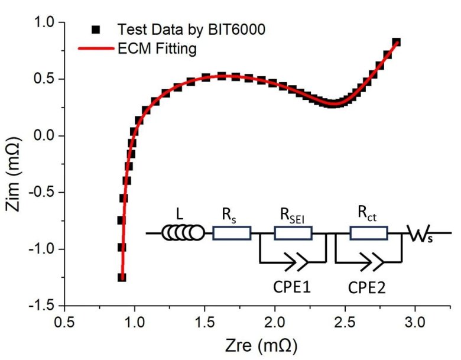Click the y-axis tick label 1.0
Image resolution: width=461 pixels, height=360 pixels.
[44, 23]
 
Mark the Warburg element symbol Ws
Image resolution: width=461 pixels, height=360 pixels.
[423, 235]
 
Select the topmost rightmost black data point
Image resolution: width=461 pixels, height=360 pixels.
[396, 42]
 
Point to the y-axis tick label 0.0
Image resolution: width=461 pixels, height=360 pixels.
[44, 136]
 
